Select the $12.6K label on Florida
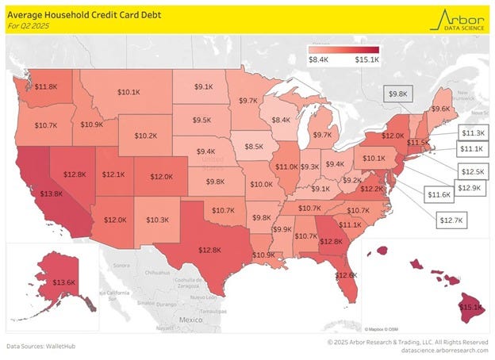346,274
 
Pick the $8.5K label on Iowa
254,147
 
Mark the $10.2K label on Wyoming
145,136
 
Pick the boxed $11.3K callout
473,132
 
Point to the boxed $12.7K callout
451,220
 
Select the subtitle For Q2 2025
28,25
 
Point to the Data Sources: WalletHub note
41,347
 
